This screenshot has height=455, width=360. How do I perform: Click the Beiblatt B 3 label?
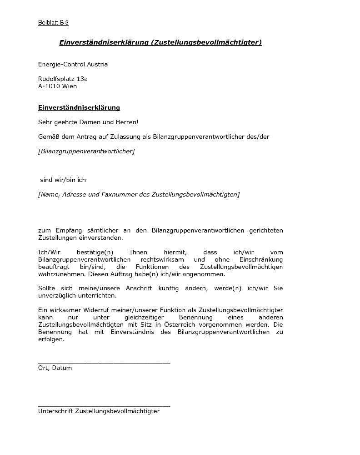pos(53,23)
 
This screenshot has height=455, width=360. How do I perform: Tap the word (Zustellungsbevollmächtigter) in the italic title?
pos(206,42)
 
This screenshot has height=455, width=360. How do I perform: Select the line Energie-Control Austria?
pos(73,65)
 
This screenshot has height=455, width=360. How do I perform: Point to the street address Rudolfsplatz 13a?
pos(63,79)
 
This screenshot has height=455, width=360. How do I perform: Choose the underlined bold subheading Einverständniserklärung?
pos(79,108)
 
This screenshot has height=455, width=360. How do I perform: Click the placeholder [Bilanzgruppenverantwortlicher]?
pos(86,151)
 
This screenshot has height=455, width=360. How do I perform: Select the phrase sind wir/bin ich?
pos(63,180)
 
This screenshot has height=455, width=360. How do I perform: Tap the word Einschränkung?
pos(261,259)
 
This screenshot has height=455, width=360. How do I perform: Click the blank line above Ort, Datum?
pos(104,362)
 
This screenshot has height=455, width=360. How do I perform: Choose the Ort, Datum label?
pos(55,368)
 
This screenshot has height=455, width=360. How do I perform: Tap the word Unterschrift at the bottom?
pos(55,411)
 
